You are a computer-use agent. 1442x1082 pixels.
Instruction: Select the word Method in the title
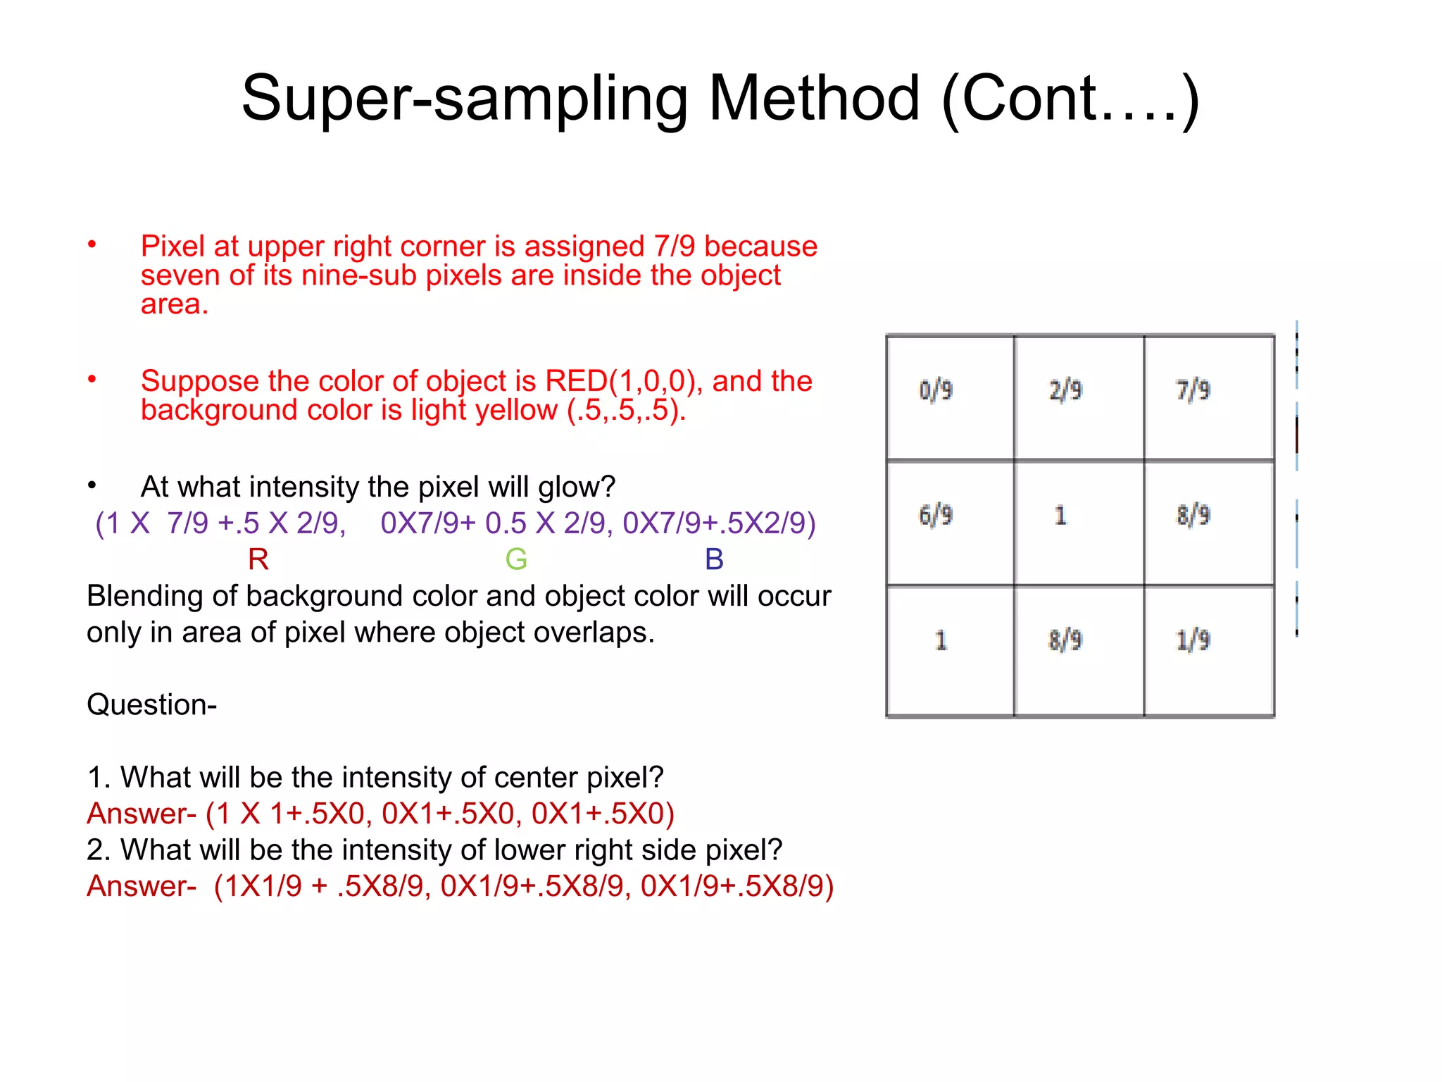(814, 99)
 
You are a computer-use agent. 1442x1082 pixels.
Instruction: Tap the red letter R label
(258, 559)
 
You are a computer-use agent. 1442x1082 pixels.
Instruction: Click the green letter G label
(516, 559)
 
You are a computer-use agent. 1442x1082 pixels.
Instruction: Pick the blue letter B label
(714, 559)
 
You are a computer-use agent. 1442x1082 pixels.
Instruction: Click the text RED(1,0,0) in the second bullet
(624, 381)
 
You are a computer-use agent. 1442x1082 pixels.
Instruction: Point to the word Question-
(151, 704)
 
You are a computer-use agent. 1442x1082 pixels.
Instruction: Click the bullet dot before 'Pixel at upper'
(92, 244)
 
